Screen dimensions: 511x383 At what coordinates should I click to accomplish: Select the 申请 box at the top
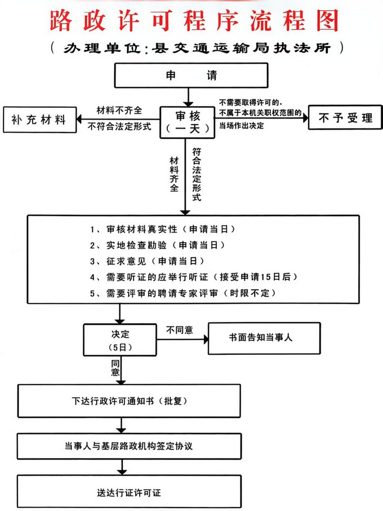coord(191,75)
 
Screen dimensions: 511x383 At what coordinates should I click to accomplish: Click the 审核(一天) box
coord(187,121)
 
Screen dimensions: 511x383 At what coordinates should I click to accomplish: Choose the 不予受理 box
coord(345,118)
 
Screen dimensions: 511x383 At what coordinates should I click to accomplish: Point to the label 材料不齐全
coord(119,110)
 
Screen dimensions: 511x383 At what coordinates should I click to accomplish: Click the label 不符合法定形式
coord(120,127)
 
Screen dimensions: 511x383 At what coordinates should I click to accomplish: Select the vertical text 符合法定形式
coord(197,175)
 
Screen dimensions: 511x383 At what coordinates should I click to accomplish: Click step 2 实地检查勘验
coord(158,246)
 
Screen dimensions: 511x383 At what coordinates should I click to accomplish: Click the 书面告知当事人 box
coord(264,338)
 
